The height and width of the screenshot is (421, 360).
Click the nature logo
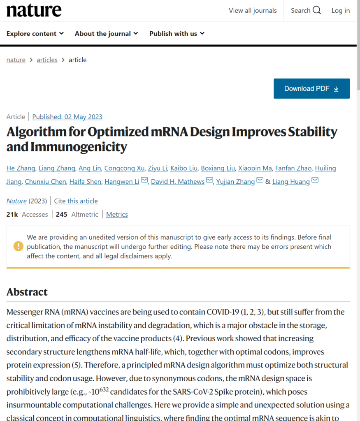point(34,11)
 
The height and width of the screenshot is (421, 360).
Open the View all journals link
point(253,11)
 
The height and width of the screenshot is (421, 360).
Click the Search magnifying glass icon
point(317,11)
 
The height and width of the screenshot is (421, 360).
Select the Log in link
point(341,11)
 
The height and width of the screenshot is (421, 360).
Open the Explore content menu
point(35,34)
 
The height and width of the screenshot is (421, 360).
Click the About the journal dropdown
point(106,34)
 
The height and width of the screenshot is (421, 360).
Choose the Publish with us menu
point(177,34)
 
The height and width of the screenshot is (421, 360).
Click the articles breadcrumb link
point(47,60)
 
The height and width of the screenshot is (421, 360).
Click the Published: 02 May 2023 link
point(67,117)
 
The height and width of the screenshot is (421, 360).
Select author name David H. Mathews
point(177,182)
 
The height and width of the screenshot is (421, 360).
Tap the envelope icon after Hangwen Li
point(144,181)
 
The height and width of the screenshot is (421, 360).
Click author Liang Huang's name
point(291,182)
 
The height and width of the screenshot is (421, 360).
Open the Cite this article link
point(76,201)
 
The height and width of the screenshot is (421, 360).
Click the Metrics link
point(117,215)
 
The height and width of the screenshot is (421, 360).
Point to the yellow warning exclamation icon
point(19,246)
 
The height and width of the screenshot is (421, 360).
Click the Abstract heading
point(27,292)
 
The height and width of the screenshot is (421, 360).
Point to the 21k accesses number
point(12,215)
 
